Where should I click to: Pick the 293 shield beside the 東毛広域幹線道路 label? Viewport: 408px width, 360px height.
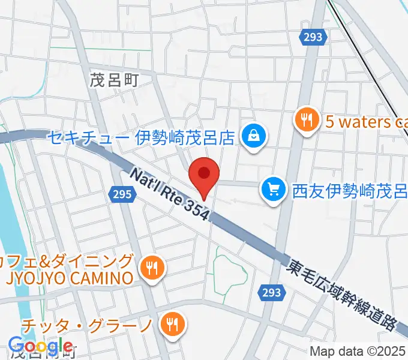[x=272, y=292]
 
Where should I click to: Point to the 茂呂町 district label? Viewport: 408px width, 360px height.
[x=114, y=81]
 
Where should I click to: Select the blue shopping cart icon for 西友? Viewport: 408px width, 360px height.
[x=274, y=191]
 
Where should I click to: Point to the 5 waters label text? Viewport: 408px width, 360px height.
[x=366, y=122]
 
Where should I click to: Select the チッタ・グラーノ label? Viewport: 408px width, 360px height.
[x=87, y=326]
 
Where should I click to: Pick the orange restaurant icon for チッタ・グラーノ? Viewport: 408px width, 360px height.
[x=173, y=325]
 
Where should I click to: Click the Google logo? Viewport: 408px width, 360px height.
[x=40, y=346]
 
